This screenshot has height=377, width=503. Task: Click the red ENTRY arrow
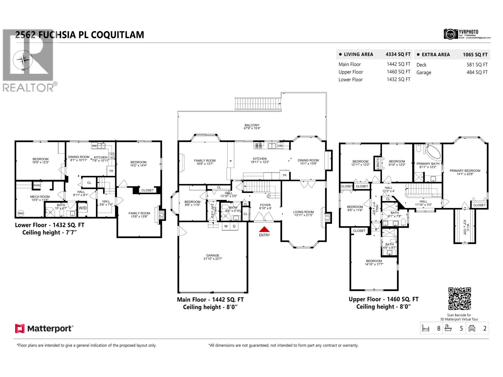[x=264, y=229]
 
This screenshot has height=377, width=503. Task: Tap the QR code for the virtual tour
[x=459, y=299]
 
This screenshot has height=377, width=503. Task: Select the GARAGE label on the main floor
[x=213, y=255]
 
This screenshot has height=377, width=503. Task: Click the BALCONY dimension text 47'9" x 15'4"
[x=252, y=128]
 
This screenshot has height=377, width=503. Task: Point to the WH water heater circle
[x=21, y=213]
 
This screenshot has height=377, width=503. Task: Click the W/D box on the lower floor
[x=83, y=208]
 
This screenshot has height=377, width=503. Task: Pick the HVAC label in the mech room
[x=37, y=185]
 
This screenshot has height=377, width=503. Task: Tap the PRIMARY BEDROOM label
[x=465, y=171]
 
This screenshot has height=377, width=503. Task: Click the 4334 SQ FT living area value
[x=398, y=54]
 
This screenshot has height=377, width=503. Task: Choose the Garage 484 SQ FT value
[x=477, y=72]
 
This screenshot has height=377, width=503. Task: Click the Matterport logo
[x=44, y=329]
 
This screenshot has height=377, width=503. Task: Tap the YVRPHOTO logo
[x=467, y=34]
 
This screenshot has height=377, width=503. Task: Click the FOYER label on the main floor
[x=265, y=205]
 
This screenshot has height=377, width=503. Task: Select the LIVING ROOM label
[x=303, y=212]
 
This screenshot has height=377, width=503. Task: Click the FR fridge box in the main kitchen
[x=284, y=175]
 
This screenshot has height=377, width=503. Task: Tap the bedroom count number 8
[x=438, y=329]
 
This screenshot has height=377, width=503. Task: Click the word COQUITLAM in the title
[x=117, y=35]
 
